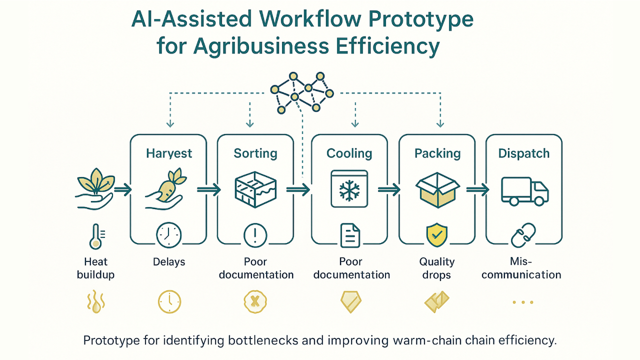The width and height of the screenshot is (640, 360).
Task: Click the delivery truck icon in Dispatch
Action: (x=525, y=191)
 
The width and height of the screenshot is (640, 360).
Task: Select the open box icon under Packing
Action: (x=437, y=190)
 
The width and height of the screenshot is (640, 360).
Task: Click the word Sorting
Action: (x=255, y=153)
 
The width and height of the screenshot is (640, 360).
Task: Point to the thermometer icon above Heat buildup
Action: (x=96, y=236)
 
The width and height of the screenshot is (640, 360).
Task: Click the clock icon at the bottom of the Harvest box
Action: (x=168, y=235)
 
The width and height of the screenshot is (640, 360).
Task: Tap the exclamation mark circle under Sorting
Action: (x=255, y=235)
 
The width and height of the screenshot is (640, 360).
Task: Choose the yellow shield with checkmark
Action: (x=437, y=235)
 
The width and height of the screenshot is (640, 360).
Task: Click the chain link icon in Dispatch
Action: (x=523, y=235)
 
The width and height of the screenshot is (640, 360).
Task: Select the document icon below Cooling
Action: (x=350, y=235)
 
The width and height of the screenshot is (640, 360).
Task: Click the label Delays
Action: (x=169, y=261)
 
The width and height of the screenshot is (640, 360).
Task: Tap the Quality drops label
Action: (x=437, y=268)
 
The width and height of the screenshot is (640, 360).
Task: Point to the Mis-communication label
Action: (x=521, y=268)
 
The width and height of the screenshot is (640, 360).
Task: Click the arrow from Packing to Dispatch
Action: (x=477, y=189)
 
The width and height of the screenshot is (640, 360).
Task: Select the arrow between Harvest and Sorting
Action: (x=209, y=189)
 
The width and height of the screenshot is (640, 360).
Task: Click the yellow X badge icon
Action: (x=255, y=301)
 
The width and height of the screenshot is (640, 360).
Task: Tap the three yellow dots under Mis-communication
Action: (x=523, y=302)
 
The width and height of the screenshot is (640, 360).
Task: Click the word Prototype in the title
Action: (x=420, y=19)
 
